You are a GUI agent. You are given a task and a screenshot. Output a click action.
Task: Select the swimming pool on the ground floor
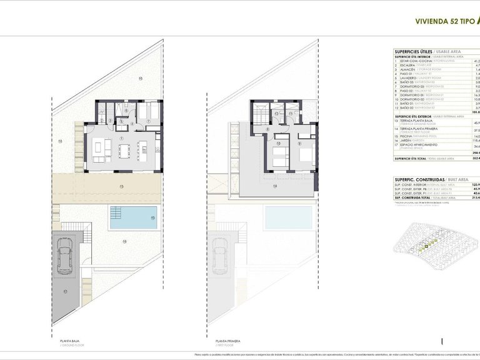(130, 218)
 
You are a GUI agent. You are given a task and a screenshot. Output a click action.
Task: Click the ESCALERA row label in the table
(409, 66)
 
